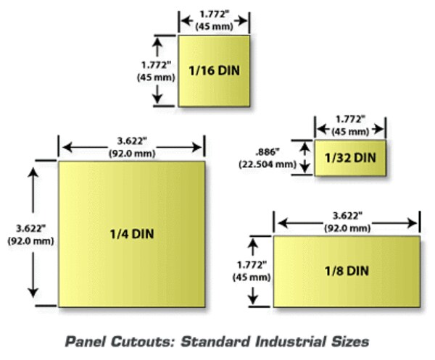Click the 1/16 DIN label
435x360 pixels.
214,70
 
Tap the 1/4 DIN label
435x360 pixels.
132,234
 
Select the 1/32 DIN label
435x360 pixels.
350,158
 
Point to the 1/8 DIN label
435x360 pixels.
347,271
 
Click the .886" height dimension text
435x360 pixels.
267,152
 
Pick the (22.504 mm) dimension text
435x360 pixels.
268,164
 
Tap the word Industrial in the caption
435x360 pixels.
291,341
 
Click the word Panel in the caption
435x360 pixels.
86,341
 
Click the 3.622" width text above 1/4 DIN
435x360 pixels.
131,141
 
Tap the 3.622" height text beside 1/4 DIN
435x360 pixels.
30,228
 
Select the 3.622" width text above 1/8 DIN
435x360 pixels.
347,216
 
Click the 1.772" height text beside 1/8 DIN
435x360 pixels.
252,265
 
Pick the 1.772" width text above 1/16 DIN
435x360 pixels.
214,14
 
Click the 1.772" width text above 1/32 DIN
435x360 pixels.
350,120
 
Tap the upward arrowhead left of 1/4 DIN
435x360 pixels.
33,172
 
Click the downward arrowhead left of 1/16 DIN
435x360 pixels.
157,99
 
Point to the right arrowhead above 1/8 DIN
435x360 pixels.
412,223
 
